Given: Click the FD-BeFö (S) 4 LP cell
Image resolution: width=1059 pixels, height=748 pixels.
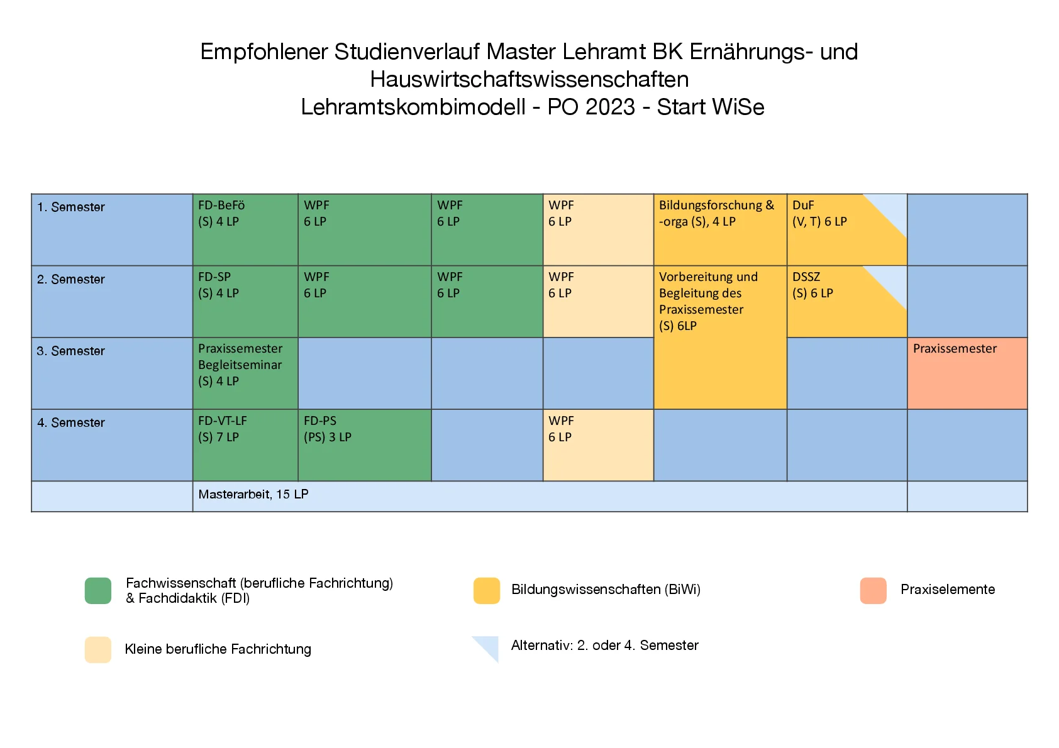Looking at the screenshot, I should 245,229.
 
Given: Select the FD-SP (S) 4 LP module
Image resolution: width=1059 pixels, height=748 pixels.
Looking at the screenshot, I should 245,301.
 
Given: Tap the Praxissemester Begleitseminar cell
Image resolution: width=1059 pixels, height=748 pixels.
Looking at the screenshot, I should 245,373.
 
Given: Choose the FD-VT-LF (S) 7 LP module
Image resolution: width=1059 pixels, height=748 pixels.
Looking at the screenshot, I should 245,444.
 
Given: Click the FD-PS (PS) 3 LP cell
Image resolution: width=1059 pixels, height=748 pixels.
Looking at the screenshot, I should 364,444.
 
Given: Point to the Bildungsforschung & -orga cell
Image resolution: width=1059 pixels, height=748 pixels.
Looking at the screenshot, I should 719,229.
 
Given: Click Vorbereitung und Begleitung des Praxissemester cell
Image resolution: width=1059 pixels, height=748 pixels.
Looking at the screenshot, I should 719,337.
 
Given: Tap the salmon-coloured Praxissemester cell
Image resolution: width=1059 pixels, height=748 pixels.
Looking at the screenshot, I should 967,373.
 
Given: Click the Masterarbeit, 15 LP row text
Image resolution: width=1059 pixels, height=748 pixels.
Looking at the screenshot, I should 253,495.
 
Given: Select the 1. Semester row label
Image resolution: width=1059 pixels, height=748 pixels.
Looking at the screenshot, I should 71,207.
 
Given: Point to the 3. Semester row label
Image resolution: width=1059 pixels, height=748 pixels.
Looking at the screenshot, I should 71,351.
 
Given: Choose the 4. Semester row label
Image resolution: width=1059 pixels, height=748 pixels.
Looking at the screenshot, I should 71,422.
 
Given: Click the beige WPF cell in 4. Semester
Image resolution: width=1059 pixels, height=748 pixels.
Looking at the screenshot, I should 597,444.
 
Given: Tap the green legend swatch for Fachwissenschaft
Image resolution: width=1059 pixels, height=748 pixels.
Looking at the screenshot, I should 98,590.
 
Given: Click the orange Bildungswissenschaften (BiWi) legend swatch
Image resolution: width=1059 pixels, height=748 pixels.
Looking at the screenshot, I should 486,590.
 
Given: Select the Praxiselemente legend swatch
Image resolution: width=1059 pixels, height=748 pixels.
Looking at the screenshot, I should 873,590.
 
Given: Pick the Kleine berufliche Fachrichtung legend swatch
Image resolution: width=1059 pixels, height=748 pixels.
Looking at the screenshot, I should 98,649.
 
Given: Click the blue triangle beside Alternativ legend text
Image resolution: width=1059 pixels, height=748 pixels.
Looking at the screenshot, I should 489,646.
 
